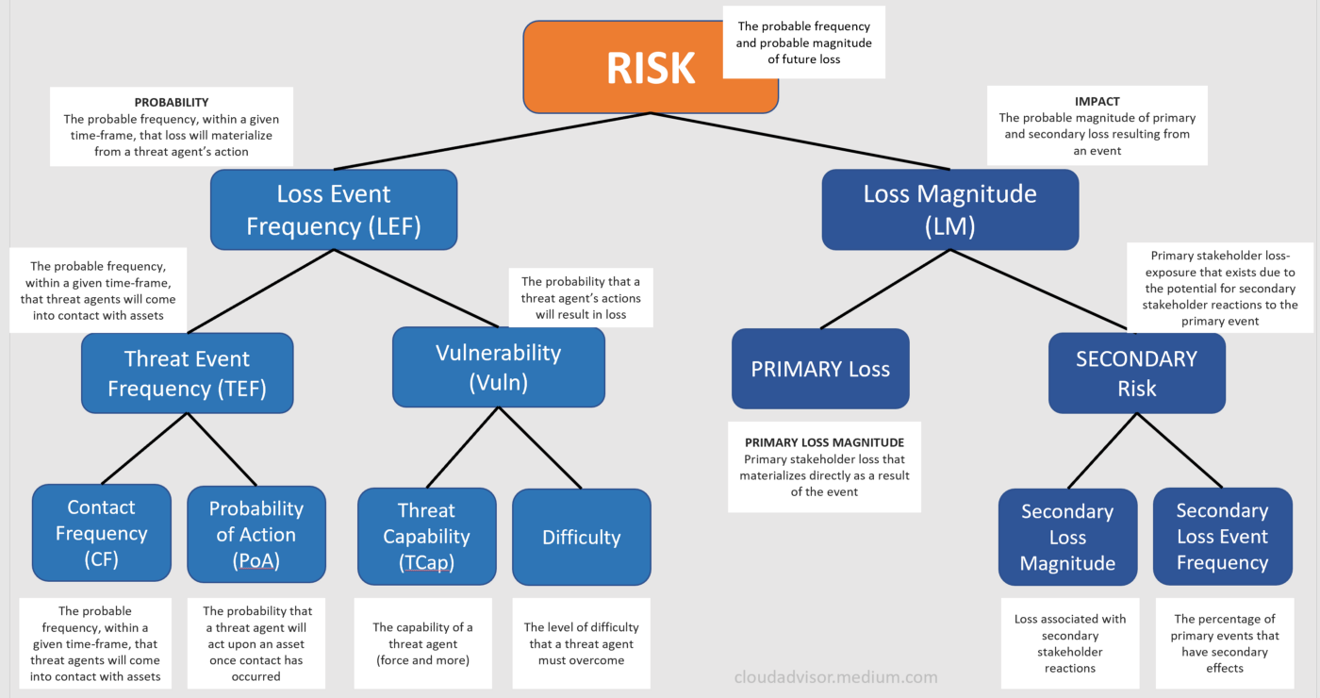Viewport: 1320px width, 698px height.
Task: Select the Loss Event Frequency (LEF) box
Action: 333,209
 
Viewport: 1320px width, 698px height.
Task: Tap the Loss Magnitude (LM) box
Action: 949,209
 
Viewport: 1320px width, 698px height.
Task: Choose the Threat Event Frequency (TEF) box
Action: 187,373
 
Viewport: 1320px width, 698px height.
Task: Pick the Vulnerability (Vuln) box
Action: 498,367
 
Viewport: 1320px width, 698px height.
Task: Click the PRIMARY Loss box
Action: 820,369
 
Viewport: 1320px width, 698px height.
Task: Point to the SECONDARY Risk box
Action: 1136,373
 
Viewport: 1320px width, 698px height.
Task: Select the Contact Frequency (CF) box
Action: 101,533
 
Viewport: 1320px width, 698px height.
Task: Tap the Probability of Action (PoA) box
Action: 256,535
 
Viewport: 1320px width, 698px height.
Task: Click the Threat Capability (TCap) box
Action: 426,536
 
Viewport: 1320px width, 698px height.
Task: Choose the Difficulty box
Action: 581,537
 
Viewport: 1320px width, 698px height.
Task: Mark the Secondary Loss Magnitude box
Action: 1067,537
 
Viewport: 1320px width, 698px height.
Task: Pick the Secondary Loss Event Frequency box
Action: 1222,536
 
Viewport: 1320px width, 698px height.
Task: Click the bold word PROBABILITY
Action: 172,102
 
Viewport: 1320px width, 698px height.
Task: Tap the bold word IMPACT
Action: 1097,101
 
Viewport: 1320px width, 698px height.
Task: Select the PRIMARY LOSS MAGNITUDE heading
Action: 824,442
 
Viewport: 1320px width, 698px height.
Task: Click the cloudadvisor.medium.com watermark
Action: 836,676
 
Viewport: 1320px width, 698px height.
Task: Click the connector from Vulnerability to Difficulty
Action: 538,447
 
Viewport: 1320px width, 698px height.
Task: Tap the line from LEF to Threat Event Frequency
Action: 261,291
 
